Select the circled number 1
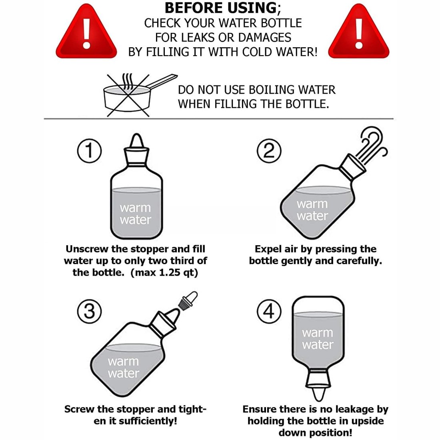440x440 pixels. point(89,151)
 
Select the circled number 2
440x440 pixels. point(269,151)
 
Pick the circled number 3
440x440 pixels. point(89,311)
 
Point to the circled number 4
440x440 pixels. point(269,311)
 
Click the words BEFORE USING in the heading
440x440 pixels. point(221,8)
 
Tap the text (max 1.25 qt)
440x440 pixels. point(164,273)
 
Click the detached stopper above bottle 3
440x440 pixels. point(188,300)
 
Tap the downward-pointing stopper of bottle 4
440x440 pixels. point(318,384)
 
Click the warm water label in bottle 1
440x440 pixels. point(135,214)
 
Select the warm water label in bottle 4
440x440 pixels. point(318,339)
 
